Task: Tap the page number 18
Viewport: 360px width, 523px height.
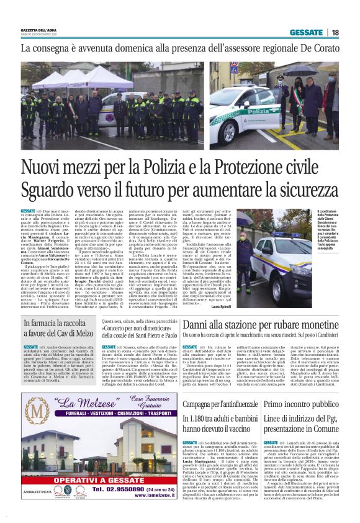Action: tap(335, 32)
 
